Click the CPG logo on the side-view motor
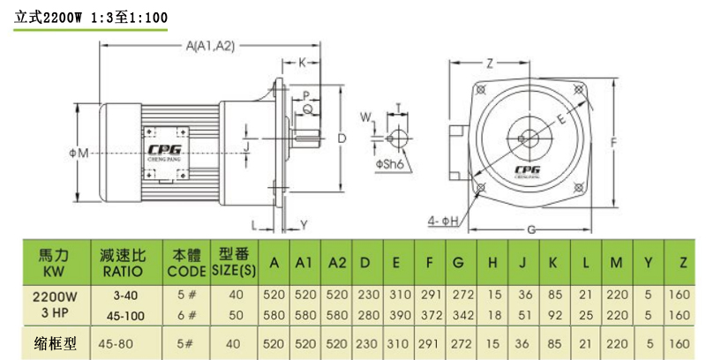(164, 149)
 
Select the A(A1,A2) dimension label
(210, 46)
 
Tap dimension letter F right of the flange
(612, 140)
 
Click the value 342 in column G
(459, 314)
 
